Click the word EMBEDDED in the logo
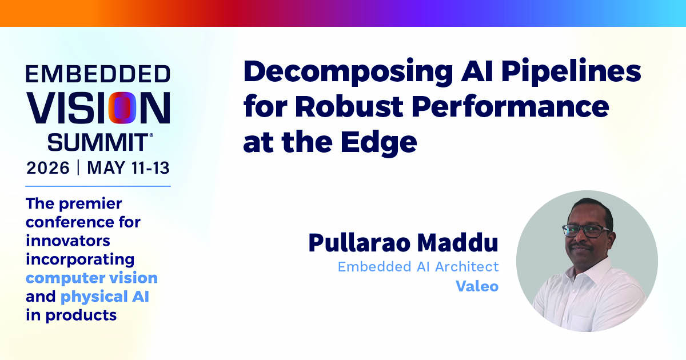[x=98, y=74]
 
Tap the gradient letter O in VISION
[x=122, y=108]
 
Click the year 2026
[x=48, y=168]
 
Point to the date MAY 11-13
[x=128, y=168]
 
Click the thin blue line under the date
[x=98, y=186]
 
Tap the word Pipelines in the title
[x=571, y=72]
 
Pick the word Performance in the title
[x=510, y=107]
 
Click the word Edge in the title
[x=379, y=143]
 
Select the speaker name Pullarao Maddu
[x=404, y=243]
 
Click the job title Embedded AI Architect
[x=418, y=267]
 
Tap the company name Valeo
[x=477, y=286]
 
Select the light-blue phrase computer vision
[x=91, y=278]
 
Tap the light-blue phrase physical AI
[x=105, y=297]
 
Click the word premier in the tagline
[x=90, y=204]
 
